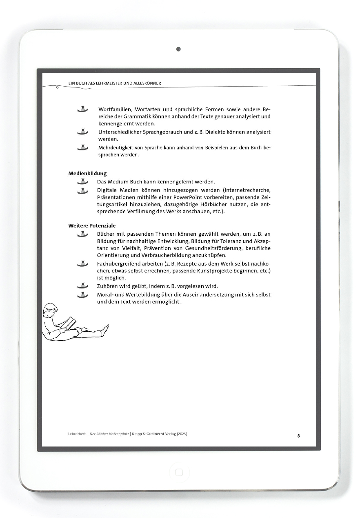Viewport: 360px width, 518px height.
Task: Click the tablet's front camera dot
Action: coord(178,49)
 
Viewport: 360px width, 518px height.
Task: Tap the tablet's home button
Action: coord(179,473)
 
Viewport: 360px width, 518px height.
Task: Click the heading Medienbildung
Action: coord(87,174)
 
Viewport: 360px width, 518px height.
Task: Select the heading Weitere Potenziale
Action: coord(92,226)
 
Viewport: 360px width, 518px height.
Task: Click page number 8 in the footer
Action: coord(298,435)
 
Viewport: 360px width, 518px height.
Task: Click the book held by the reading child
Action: coord(70,323)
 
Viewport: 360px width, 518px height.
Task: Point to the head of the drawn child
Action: coord(50,310)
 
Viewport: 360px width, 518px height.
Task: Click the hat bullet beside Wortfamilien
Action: coord(82,109)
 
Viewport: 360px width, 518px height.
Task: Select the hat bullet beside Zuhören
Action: coord(82,286)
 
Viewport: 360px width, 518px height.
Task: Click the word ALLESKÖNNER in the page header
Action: coord(145,83)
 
